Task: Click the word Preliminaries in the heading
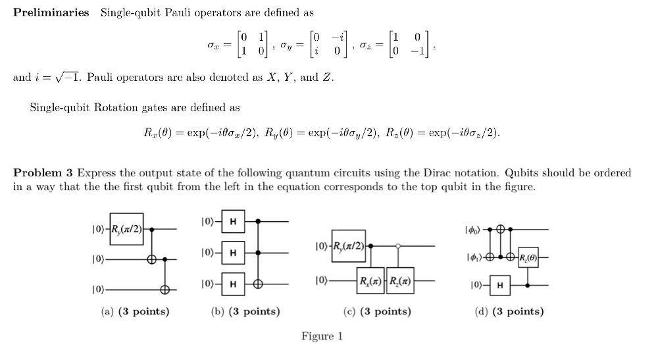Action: pyautogui.click(x=51, y=13)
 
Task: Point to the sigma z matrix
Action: pyautogui.click(x=412, y=45)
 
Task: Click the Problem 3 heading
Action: pyautogui.click(x=43, y=173)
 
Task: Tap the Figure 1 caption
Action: pyautogui.click(x=322, y=336)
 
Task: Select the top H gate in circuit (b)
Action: pyautogui.click(x=232, y=222)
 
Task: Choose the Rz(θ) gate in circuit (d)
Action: pyautogui.click(x=528, y=257)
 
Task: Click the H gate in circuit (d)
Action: pyautogui.click(x=500, y=285)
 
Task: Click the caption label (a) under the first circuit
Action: pyautogui.click(x=107, y=311)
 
